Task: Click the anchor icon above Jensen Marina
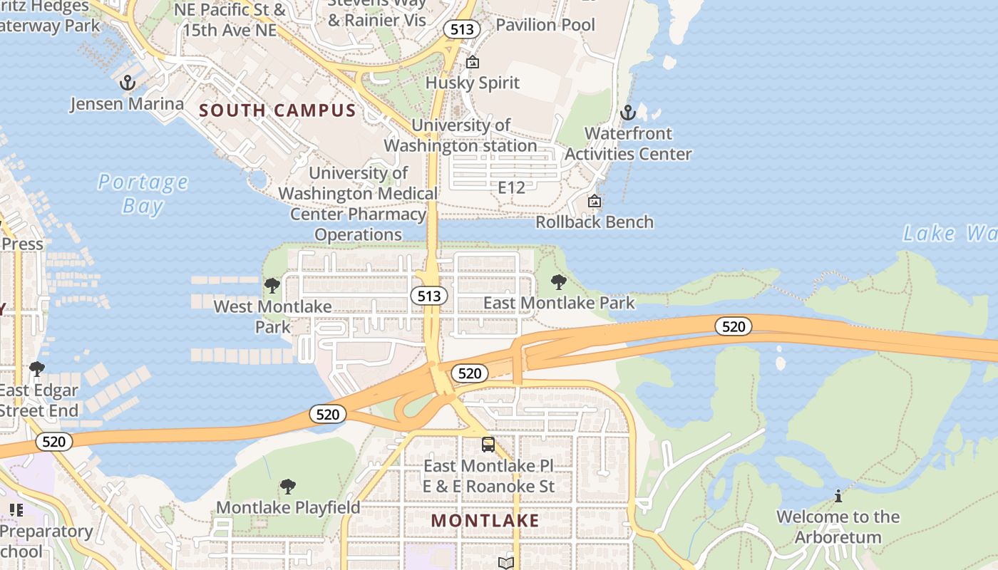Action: pyautogui.click(x=128, y=83)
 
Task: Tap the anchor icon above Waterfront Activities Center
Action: pyautogui.click(x=628, y=113)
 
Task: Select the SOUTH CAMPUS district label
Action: pyautogui.click(x=277, y=110)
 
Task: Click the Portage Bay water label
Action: pyautogui.click(x=143, y=194)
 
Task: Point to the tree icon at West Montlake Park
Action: pyautogui.click(x=272, y=286)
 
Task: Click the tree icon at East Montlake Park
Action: pyautogui.click(x=559, y=282)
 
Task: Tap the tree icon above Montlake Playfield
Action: pyautogui.click(x=288, y=487)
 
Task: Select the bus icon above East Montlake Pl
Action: pyautogui.click(x=488, y=445)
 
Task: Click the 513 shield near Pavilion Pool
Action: pyautogui.click(x=461, y=29)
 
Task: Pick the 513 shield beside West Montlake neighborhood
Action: pyautogui.click(x=428, y=296)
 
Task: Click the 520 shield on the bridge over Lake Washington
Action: pyautogui.click(x=733, y=326)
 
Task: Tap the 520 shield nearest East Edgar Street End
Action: pyautogui.click(x=53, y=442)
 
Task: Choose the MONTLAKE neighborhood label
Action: pyautogui.click(x=485, y=521)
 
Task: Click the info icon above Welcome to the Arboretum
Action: pyautogui.click(x=838, y=495)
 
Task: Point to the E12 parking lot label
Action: pyautogui.click(x=511, y=188)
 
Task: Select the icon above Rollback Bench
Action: pyautogui.click(x=594, y=202)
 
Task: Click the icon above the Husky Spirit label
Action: pyautogui.click(x=472, y=63)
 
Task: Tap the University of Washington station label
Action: pyautogui.click(x=461, y=135)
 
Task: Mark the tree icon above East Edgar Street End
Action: pyautogui.click(x=36, y=369)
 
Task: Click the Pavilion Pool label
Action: pyautogui.click(x=545, y=25)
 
